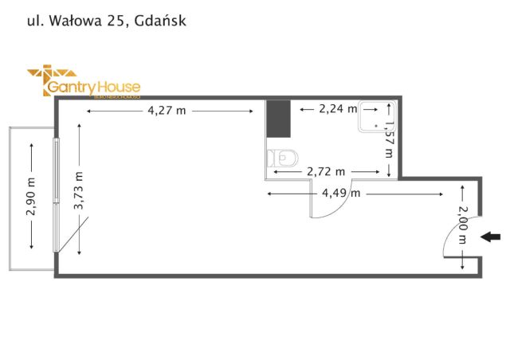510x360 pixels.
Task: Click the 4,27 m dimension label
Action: click(x=167, y=111)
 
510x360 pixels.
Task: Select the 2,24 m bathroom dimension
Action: click(x=337, y=108)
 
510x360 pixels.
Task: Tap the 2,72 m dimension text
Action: click(x=326, y=171)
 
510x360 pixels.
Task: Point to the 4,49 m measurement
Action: click(x=340, y=193)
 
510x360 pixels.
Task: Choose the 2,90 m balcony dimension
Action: click(x=30, y=195)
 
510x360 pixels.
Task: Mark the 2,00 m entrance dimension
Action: click(x=463, y=227)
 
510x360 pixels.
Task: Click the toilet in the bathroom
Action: click(x=282, y=157)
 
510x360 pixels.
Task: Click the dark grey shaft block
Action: click(x=278, y=119)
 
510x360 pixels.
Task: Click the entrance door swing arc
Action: click(x=448, y=239)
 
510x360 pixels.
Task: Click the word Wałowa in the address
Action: click(x=76, y=22)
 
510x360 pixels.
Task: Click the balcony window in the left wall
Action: click(x=55, y=196)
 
